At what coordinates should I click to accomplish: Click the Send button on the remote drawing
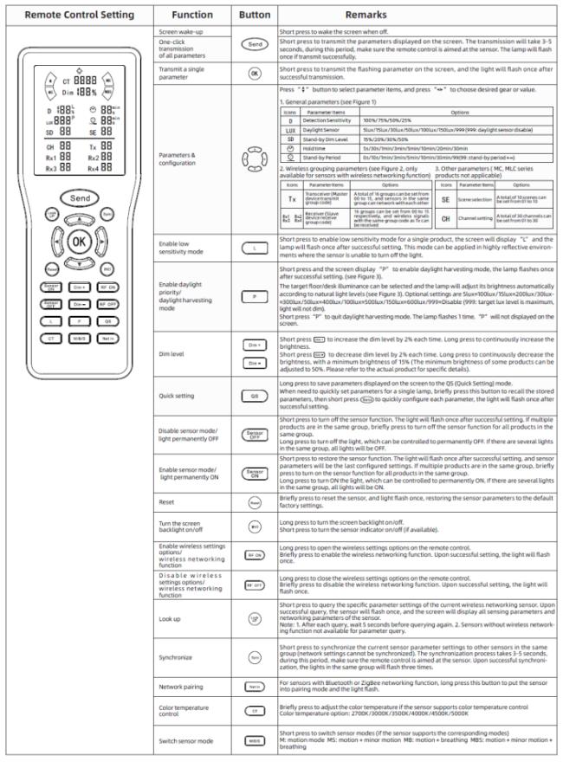coord(79,198)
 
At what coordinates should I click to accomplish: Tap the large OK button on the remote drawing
coord(79,240)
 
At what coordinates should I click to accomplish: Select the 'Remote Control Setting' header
coord(79,15)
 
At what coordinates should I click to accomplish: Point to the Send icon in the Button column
coord(255,44)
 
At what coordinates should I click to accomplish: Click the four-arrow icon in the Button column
coord(254,159)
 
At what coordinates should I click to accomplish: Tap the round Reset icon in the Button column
coord(255,501)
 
